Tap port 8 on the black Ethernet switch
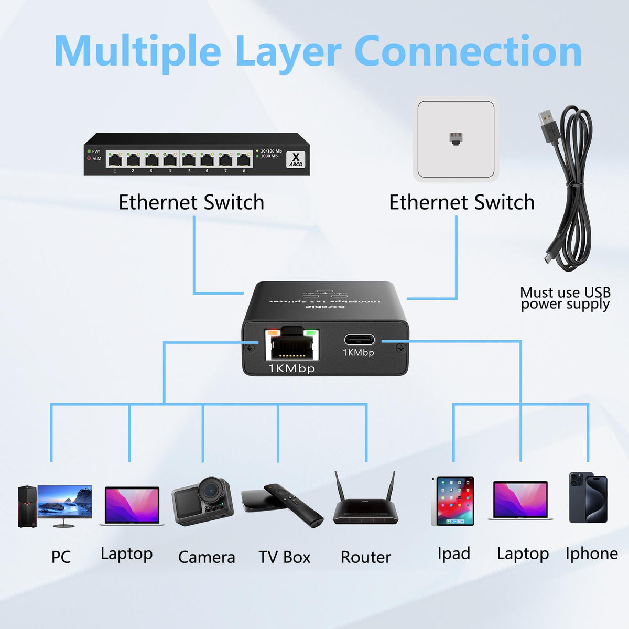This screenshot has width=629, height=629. click(244, 159)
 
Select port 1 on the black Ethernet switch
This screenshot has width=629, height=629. click(115, 159)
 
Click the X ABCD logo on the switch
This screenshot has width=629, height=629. click(296, 159)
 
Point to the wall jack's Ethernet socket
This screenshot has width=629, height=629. click(455, 139)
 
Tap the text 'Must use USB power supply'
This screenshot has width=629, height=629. click(565, 298)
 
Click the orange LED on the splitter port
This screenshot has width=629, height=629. click(273, 332)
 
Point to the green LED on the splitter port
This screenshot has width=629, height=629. click(311, 332)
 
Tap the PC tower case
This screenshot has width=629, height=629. click(27, 506)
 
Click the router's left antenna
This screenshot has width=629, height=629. click(339, 487)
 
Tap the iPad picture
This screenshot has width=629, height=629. click(454, 501)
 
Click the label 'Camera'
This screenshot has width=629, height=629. click(207, 557)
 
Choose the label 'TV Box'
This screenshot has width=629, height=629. click(285, 557)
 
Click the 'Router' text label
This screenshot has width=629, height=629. click(366, 557)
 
